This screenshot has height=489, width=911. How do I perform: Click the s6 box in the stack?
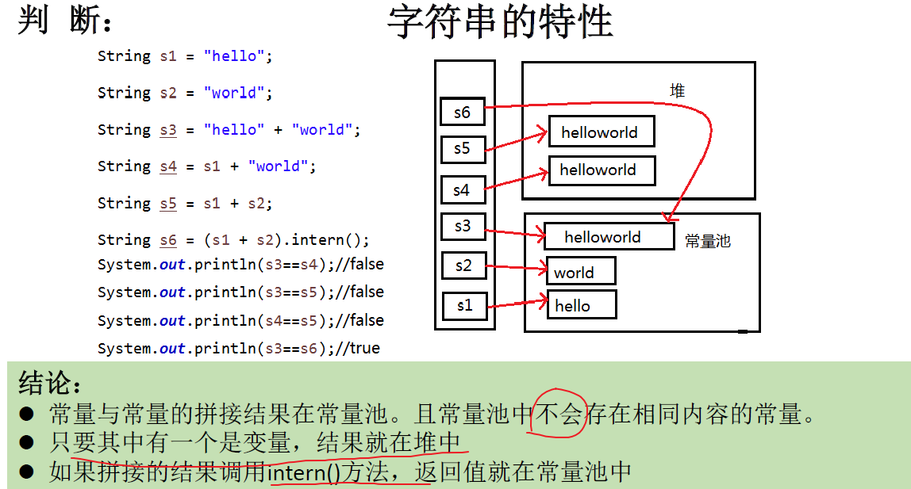tap(462, 112)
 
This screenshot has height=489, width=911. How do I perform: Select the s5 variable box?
tap(462, 148)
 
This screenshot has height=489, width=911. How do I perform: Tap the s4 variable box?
tap(462, 190)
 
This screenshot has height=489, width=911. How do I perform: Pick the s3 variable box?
tap(463, 227)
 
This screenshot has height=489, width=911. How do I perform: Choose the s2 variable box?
tap(463, 266)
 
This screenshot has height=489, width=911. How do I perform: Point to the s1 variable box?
tap(463, 305)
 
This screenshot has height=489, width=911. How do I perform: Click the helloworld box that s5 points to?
tap(601, 132)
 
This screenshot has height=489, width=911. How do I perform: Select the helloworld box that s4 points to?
tap(602, 170)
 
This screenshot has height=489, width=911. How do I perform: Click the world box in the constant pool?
tap(580, 272)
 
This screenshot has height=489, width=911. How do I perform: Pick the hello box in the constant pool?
tap(581, 306)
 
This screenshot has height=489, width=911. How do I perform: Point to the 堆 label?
tap(677, 90)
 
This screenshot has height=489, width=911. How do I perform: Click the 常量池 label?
tap(707, 241)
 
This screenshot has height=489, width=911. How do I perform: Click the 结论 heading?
tap(50, 383)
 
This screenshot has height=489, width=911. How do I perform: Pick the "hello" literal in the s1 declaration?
tap(234, 56)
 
